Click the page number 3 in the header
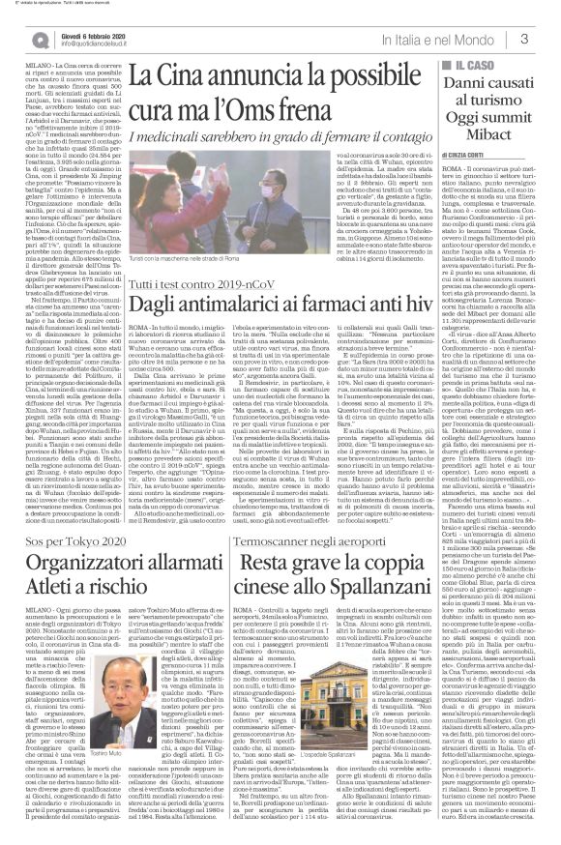coord(548,39)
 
